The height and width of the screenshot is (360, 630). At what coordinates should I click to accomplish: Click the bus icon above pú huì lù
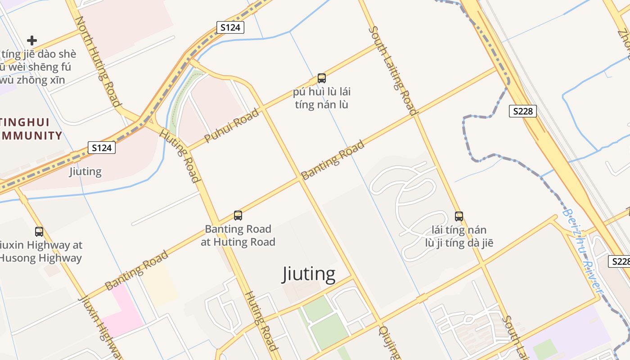click(321, 78)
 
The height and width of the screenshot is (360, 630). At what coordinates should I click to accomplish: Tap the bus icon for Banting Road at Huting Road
click(238, 215)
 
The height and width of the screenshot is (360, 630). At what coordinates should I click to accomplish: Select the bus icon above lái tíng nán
click(459, 216)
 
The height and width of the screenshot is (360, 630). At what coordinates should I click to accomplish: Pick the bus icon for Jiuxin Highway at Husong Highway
click(39, 232)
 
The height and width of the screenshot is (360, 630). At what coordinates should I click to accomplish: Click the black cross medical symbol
click(31, 40)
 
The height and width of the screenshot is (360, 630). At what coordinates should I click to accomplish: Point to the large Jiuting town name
click(309, 274)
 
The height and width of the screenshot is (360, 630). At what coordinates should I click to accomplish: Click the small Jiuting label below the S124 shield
click(85, 171)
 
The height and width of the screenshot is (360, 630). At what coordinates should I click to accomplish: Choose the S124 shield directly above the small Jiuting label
click(101, 148)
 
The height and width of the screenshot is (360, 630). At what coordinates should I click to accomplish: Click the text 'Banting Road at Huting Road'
click(238, 235)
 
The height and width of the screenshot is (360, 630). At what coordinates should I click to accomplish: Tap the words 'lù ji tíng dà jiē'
click(459, 243)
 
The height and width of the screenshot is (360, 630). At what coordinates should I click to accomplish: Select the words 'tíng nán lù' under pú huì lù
click(321, 105)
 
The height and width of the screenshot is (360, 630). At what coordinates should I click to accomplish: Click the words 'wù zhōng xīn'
click(32, 80)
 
